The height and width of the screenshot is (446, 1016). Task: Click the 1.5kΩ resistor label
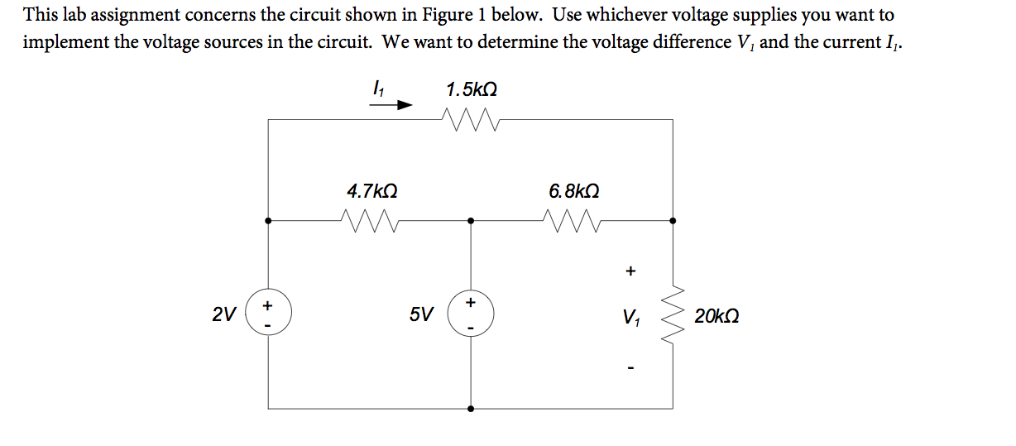pyautogui.click(x=472, y=89)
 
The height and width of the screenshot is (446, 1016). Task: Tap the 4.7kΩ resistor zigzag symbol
pyautogui.click(x=370, y=221)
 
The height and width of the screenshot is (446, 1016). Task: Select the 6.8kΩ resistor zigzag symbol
pyautogui.click(x=573, y=221)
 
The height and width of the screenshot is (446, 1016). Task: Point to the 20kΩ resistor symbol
pyautogui.click(x=672, y=315)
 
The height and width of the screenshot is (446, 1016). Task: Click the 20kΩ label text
pyautogui.click(x=716, y=316)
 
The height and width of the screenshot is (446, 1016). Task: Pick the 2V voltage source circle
pyautogui.click(x=266, y=315)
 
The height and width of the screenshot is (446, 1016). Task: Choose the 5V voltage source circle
pyautogui.click(x=471, y=315)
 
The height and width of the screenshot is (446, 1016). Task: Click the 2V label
pyautogui.click(x=223, y=315)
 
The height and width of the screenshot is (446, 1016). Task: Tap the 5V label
pyautogui.click(x=420, y=315)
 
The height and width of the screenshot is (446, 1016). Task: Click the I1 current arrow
pyautogui.click(x=393, y=106)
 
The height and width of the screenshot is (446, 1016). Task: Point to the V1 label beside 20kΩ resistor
pyautogui.click(x=631, y=316)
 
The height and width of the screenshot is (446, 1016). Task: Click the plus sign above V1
pyautogui.click(x=631, y=270)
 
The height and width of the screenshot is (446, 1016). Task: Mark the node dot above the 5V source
pyautogui.click(x=471, y=221)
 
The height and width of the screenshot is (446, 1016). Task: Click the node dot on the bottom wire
pyautogui.click(x=471, y=408)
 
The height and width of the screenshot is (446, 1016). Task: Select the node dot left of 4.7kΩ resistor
pyautogui.click(x=266, y=221)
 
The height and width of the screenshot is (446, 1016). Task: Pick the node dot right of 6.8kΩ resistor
pyautogui.click(x=672, y=221)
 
